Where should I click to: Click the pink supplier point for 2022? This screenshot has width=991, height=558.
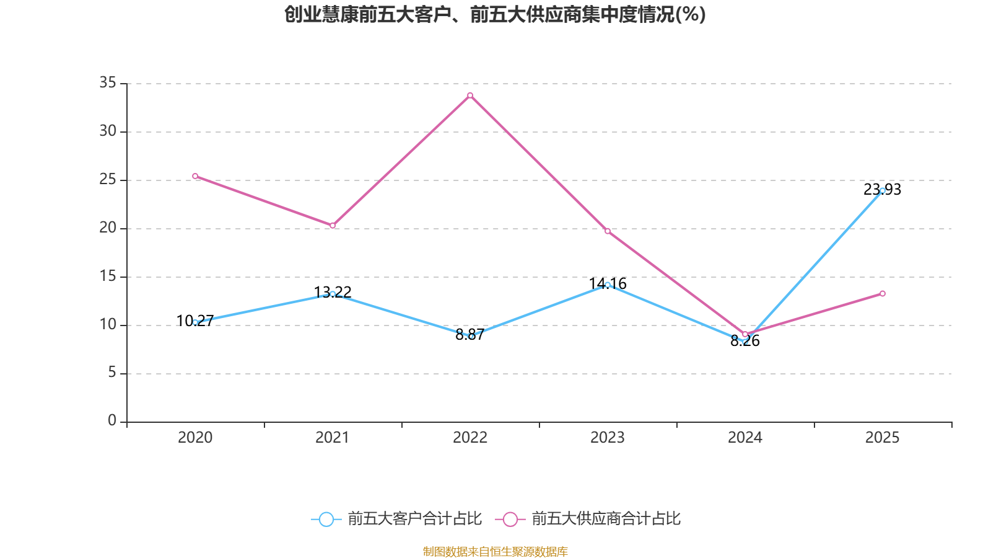click(x=470, y=95)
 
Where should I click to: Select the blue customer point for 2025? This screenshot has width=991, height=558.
click(x=883, y=190)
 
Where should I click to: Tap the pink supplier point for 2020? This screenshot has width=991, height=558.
click(x=195, y=176)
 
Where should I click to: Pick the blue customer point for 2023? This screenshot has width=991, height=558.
click(x=608, y=285)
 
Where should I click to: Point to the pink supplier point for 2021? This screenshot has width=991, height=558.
click(x=333, y=226)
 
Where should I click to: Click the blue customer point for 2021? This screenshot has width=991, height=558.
click(x=333, y=294)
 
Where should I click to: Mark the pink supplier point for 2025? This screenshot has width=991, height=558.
click(x=883, y=293)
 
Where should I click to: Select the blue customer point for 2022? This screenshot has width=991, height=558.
click(x=471, y=336)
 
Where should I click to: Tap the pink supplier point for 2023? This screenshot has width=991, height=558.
click(x=608, y=231)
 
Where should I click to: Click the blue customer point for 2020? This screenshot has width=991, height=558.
click(x=195, y=322)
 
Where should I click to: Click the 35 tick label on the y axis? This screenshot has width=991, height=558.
click(x=108, y=83)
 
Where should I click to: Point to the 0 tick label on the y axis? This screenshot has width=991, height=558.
click(x=112, y=421)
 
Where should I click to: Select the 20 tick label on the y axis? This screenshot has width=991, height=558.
click(x=108, y=228)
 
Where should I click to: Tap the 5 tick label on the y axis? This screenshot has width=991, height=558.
click(x=112, y=373)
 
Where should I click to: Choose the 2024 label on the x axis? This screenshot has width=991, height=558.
click(x=745, y=438)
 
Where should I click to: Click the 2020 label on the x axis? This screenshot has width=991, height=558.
click(x=195, y=438)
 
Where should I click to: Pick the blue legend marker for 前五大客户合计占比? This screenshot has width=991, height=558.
click(x=326, y=519)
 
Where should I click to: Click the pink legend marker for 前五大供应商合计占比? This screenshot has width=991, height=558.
click(x=510, y=519)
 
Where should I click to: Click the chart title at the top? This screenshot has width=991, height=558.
click(x=495, y=14)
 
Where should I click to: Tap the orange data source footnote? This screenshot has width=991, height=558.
click(x=495, y=551)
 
